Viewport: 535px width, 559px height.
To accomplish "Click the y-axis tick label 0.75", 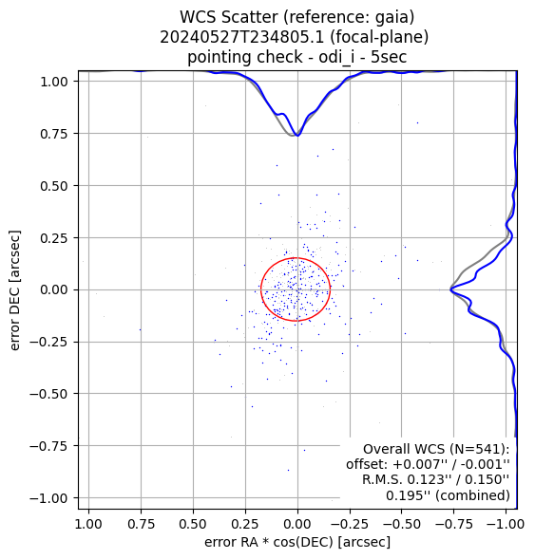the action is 53,134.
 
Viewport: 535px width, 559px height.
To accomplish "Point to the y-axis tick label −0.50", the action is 48,394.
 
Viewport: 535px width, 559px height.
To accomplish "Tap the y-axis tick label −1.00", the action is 48,498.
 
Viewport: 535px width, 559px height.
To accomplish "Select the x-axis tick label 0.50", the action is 193,524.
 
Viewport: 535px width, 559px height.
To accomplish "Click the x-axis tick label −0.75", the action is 453,524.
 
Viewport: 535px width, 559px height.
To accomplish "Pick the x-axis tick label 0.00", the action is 297,524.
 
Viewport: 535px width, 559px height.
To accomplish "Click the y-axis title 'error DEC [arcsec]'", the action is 14,290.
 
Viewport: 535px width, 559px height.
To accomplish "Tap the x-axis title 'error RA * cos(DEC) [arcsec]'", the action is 297,542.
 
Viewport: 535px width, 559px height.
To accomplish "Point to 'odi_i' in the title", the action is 336,57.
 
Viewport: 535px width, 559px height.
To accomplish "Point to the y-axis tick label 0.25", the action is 53,238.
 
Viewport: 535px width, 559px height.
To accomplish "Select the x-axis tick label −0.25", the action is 350,524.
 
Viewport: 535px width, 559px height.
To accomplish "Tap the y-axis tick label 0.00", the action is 53,289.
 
